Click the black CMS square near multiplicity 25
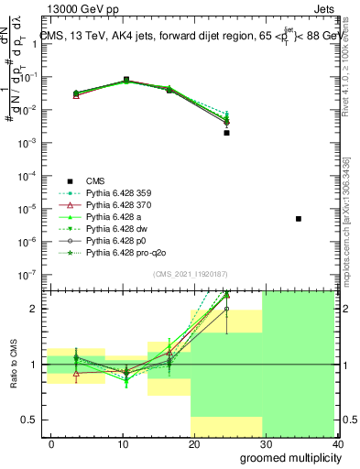226,133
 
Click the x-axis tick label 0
51,444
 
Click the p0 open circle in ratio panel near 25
226,309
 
